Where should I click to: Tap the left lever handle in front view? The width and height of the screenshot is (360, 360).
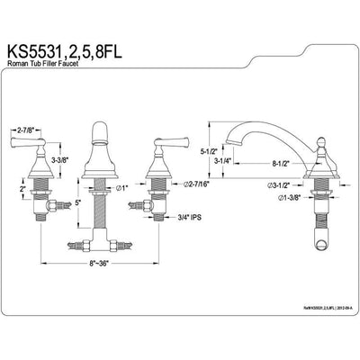[24, 141]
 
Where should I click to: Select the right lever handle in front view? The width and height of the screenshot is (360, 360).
[167, 141]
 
